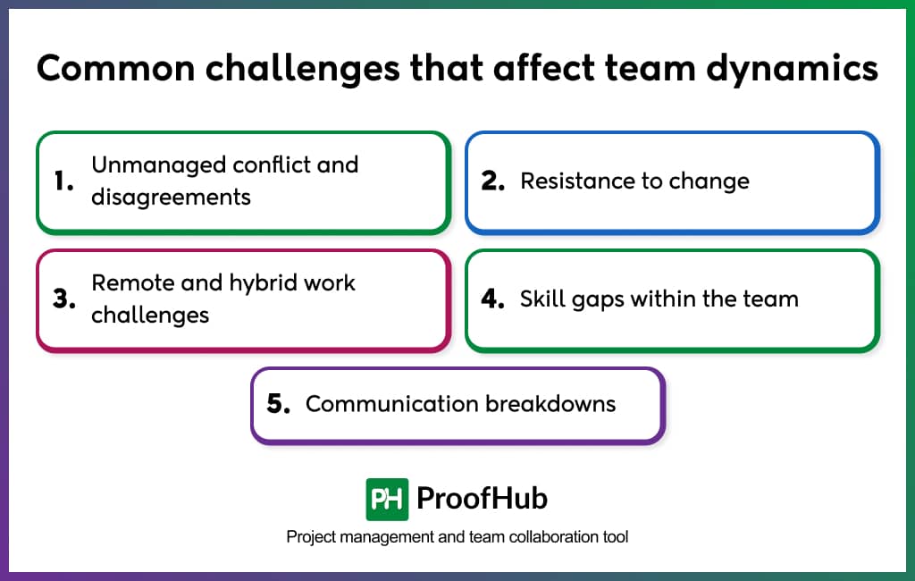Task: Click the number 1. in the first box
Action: [63, 181]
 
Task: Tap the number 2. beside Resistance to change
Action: [494, 181]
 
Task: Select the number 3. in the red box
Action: [63, 299]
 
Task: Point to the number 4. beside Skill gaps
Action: [493, 299]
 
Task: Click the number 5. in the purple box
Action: [279, 404]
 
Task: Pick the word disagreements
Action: [171, 197]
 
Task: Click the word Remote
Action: [131, 283]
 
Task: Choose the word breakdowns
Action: [550, 404]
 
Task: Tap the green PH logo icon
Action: [387, 499]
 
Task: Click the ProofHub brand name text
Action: [483, 499]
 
